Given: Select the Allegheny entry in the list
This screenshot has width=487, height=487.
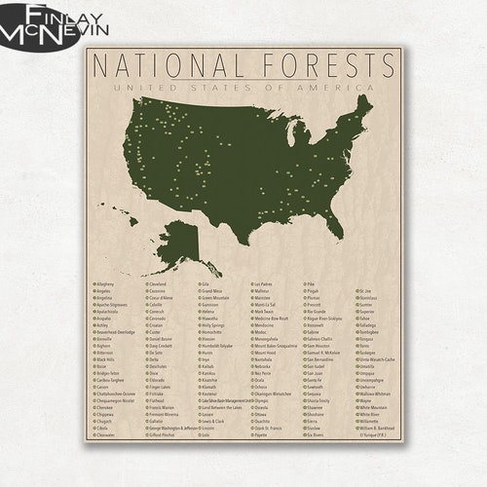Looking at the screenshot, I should (x=103, y=284).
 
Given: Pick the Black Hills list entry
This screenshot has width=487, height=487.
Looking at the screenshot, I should (x=105, y=359).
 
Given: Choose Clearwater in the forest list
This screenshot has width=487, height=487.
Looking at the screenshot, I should (x=105, y=435).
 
